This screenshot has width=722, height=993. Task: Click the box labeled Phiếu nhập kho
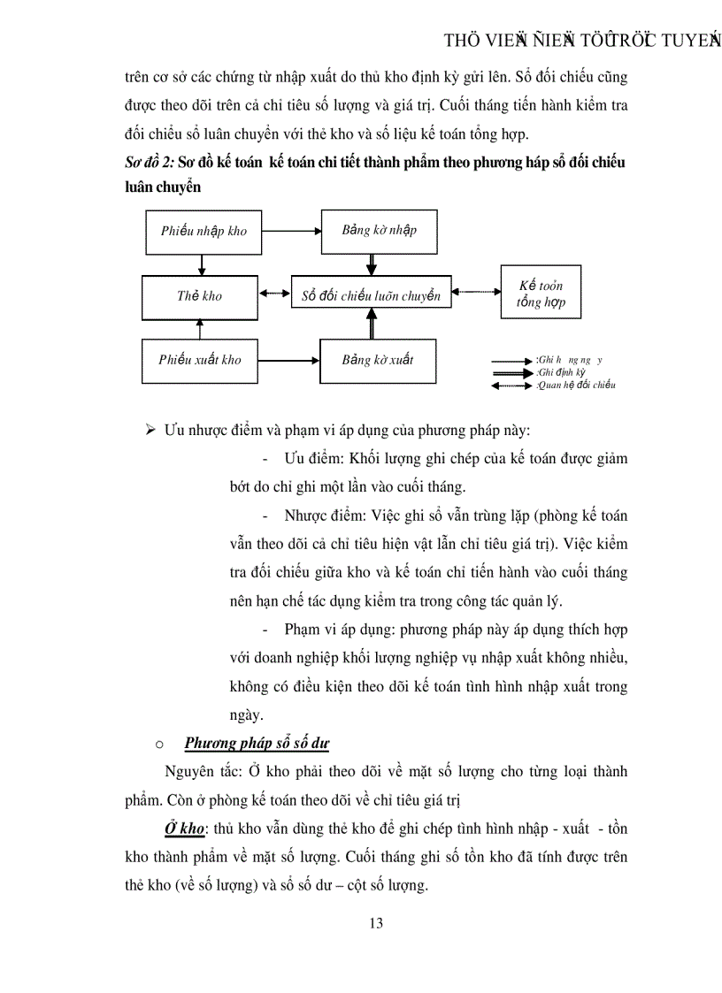[x=204, y=232]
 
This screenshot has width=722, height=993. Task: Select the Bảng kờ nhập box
[x=379, y=231]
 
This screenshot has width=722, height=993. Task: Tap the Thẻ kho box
[x=199, y=296]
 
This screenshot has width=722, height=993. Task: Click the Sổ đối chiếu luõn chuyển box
[x=371, y=296]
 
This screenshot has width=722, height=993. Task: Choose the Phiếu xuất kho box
[x=200, y=360]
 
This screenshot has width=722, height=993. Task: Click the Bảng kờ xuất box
[x=378, y=360]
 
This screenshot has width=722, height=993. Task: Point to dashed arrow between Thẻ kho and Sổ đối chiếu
[x=273, y=294]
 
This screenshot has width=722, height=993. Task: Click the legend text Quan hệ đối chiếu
[x=576, y=385]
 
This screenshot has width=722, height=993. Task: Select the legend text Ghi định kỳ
[x=561, y=372]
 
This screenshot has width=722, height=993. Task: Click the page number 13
[x=376, y=923]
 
